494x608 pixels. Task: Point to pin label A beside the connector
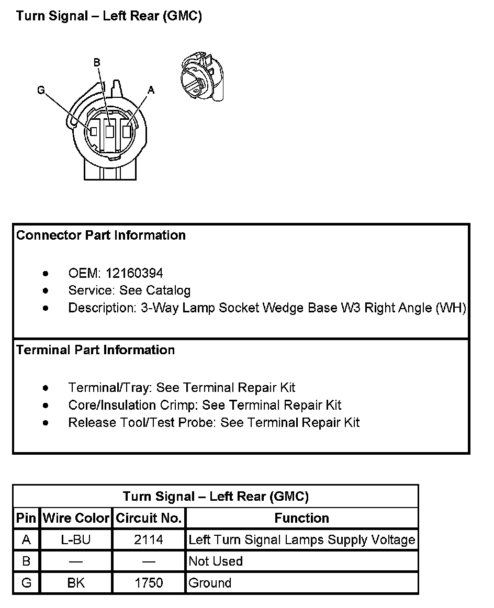[x=151, y=90]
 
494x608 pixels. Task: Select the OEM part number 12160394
[x=134, y=273]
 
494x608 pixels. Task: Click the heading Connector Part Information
[x=101, y=235]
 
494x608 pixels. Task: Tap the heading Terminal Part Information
[x=95, y=350]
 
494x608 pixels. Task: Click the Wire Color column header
[x=76, y=519]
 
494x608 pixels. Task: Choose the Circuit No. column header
[x=149, y=519]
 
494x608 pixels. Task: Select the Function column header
[x=302, y=519]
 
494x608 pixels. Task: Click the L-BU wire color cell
[x=76, y=540]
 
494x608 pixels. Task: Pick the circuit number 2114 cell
[x=149, y=540]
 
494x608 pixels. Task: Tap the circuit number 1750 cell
[x=149, y=583]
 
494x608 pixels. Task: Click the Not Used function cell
[x=216, y=561]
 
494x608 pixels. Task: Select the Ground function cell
[x=210, y=583]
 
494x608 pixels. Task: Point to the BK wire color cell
[x=76, y=583]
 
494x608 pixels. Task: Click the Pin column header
[x=26, y=519]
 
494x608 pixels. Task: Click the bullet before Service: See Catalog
[x=47, y=290]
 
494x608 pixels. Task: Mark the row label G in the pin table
[x=26, y=583]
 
